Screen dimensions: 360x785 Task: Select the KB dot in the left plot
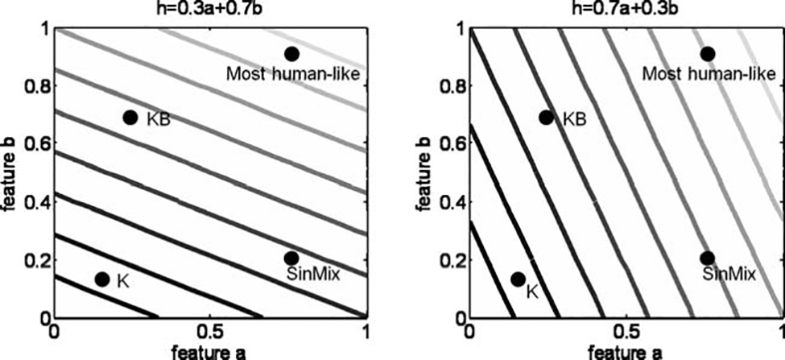coord(130,118)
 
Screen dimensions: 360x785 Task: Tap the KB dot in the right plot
coord(546,118)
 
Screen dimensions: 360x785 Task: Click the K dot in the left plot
coord(102,279)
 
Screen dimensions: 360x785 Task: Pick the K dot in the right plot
coord(518,279)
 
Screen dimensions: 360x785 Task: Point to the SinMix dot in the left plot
coord(291,258)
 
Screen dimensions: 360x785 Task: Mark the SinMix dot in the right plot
coord(707,258)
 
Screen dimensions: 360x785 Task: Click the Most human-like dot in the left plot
coord(291,54)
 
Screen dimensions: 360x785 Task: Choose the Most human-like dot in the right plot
coord(707,54)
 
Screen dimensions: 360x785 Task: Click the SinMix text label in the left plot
coord(312,275)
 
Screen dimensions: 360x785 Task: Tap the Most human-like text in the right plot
coord(709,75)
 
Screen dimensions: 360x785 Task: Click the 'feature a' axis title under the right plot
coord(626,351)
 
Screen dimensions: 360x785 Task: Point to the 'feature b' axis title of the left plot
coord(9,173)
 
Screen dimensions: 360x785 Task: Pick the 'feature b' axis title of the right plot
coord(425,173)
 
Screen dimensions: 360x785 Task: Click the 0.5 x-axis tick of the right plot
coord(626,332)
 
